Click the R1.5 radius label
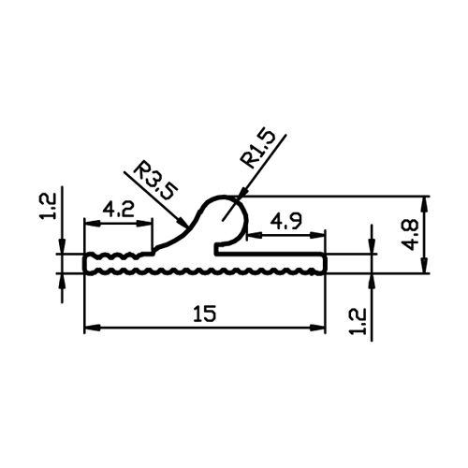click(258, 149)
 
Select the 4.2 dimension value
click(118, 210)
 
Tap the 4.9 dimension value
click(286, 222)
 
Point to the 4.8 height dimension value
click(410, 235)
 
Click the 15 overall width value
click(204, 314)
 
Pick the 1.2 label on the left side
click(49, 206)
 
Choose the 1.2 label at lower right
click(358, 322)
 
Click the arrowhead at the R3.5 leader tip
click(182, 222)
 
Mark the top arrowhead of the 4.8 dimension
click(424, 205)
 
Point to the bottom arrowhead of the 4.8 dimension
click(424, 265)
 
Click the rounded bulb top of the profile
click(224, 197)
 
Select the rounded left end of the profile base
click(84, 264)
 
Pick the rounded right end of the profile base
click(326, 264)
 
